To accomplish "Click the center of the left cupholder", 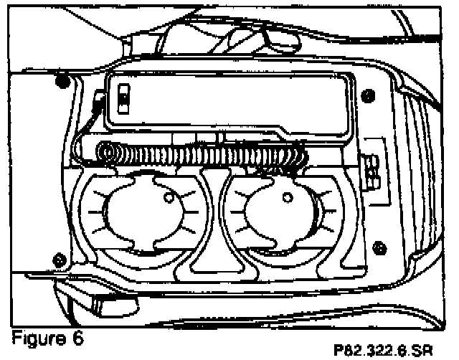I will tap(141, 216).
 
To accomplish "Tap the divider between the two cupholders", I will tap(210, 222).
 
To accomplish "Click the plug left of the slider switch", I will tap(99, 101).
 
